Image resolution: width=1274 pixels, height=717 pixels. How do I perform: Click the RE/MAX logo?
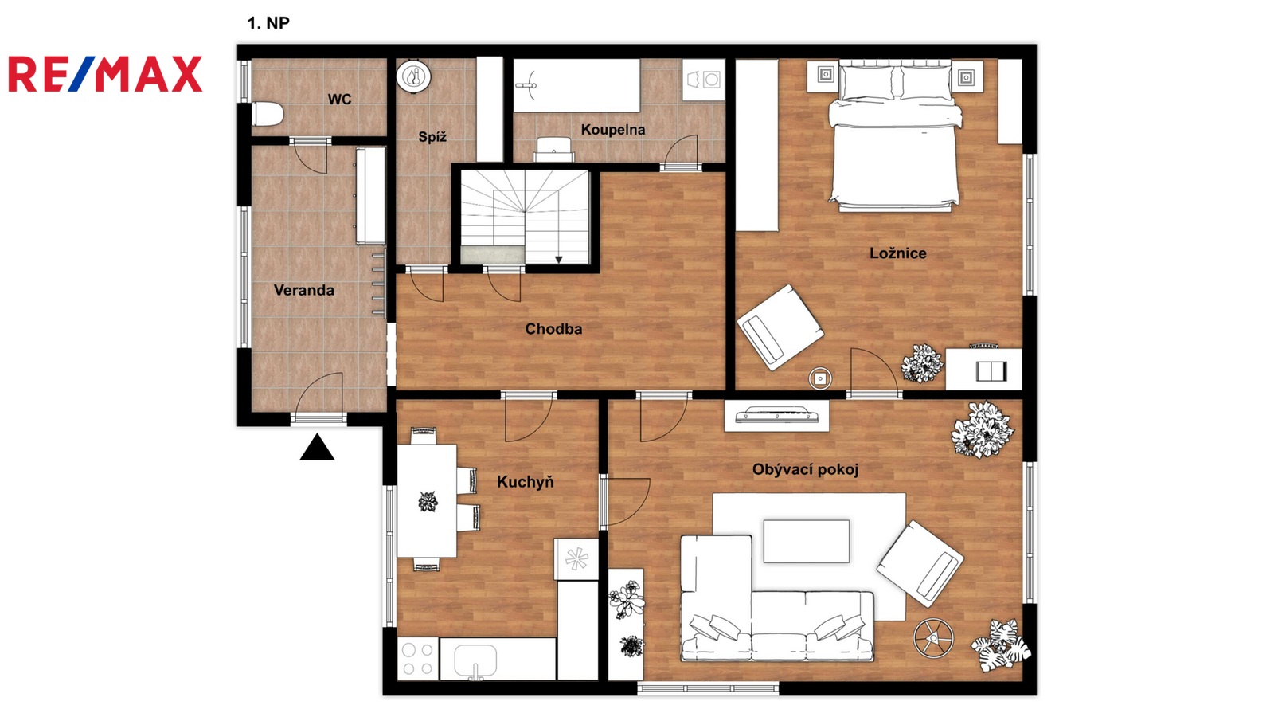coord(105,74)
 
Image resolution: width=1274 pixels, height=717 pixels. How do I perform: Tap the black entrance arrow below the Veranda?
coord(317,447)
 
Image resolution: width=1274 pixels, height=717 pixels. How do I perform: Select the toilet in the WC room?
coord(268,114)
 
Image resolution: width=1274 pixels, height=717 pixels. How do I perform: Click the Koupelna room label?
coord(613,130)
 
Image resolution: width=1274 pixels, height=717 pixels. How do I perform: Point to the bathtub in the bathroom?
coord(576,85)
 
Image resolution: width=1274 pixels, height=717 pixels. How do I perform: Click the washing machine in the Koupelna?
coord(704,80)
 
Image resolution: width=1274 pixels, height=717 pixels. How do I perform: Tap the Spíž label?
coord(432,137)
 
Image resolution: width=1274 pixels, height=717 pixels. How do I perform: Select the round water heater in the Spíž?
coord(413,76)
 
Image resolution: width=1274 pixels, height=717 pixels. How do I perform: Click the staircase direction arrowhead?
coord(558,260)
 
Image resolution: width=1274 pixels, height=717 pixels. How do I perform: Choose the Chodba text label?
coord(553,329)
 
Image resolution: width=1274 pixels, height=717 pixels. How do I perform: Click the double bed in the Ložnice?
coord(895,136)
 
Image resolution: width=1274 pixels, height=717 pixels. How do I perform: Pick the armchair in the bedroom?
coord(780,327)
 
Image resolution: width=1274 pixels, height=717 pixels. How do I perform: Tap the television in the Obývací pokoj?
coord(777,415)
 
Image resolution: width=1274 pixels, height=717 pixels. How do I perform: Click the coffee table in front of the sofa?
coord(807,541)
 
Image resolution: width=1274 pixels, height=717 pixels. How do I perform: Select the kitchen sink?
coord(475,660)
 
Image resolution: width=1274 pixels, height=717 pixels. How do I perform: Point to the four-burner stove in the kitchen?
coord(418,658)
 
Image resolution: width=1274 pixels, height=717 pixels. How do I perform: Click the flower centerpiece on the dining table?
coord(428,502)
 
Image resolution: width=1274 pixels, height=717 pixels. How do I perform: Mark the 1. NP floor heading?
coord(268,23)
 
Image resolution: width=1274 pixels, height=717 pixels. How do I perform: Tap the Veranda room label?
coord(303,290)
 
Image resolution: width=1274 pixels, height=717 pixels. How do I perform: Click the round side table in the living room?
coord(933,638)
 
